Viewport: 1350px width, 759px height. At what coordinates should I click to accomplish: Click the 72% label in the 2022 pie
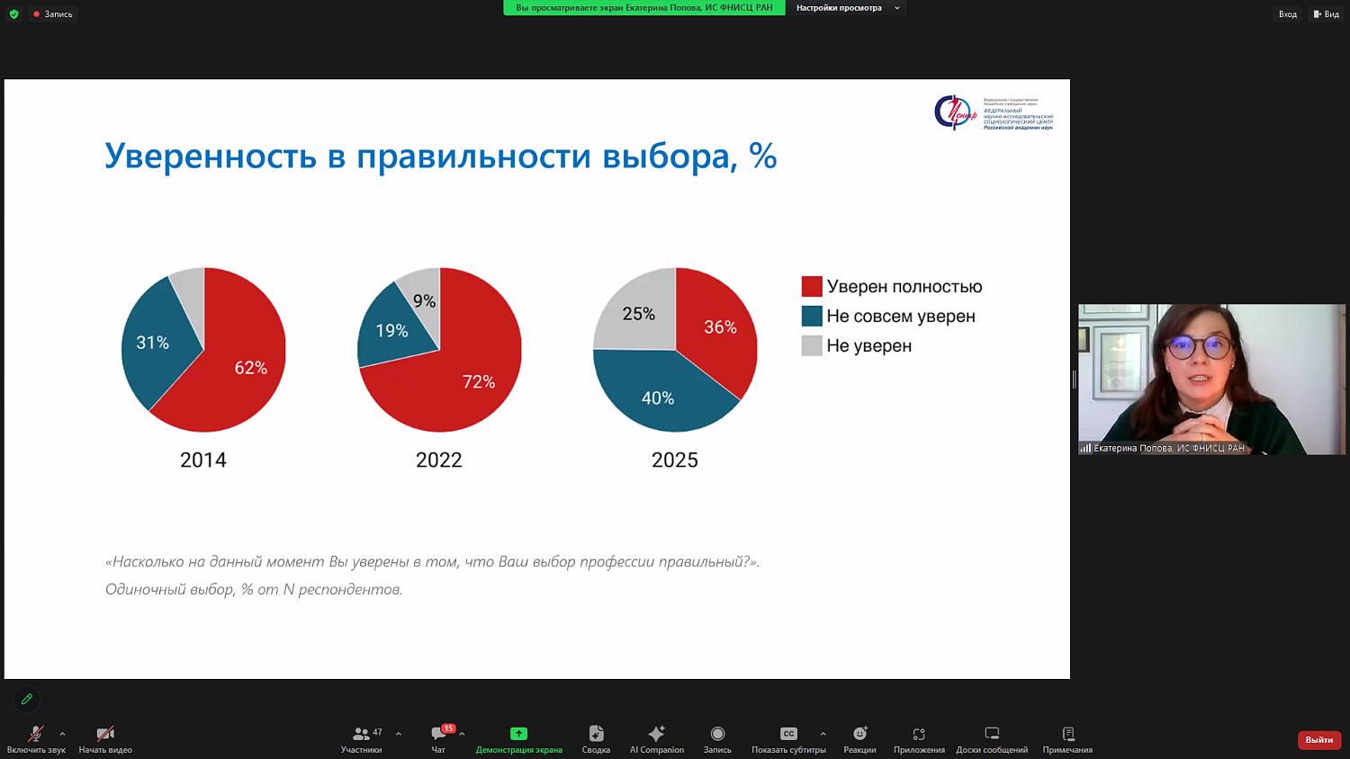coord(479,381)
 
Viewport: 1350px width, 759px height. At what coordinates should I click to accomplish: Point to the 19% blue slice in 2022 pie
coord(391,330)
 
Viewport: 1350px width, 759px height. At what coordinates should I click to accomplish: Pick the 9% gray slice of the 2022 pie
coord(423,297)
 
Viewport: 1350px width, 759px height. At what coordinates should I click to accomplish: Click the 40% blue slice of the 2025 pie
coord(659,397)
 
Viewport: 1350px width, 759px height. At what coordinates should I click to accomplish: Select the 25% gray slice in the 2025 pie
coord(638,313)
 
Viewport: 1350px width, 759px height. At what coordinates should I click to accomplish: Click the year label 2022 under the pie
coord(439,460)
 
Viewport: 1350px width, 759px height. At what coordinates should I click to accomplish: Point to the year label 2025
coord(675,460)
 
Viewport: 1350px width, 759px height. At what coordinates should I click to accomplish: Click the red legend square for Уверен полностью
coord(812,287)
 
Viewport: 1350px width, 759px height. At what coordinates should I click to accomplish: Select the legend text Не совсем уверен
coord(901,317)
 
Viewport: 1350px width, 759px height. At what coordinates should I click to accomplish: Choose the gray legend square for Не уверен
coord(812,346)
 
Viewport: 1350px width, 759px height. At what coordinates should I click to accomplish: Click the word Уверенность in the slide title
coord(211,156)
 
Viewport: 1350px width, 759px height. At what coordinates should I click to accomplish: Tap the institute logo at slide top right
coord(992,113)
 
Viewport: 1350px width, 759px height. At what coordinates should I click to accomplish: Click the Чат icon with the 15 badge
coord(438,734)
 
